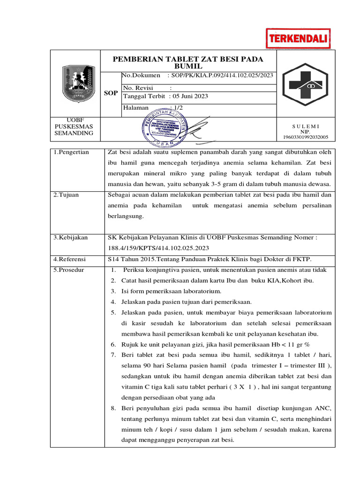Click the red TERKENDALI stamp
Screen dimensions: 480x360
298,38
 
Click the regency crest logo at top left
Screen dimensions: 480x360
76,84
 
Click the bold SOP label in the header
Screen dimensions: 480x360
111,93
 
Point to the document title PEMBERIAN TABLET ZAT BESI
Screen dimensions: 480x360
188,62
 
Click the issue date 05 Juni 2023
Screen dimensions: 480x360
190,96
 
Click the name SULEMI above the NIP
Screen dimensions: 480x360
306,126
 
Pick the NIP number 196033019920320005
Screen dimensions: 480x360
306,137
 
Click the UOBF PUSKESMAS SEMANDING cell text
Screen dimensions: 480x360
74,127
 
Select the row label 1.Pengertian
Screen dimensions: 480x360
71,152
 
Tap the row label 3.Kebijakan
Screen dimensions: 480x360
70,238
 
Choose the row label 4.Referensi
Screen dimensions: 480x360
70,259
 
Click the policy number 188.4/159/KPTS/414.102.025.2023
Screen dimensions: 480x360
158,248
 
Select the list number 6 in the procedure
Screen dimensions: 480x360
113,344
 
